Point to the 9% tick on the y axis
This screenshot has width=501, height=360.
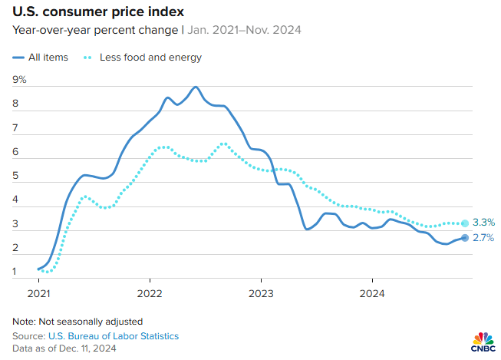tap(19, 79)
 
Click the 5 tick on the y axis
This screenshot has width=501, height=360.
tap(15, 175)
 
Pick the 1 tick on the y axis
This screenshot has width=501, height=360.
tap(15, 271)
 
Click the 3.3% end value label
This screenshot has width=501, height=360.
tap(483, 223)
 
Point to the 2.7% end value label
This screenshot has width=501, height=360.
tap(483, 238)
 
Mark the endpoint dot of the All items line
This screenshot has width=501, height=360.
tap(465, 237)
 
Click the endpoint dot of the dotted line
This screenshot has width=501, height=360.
tap(465, 223)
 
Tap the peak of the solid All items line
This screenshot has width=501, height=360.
tap(196, 87)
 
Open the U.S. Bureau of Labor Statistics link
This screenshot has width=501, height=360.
tap(114, 336)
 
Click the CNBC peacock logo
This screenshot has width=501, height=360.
tap(482, 340)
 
